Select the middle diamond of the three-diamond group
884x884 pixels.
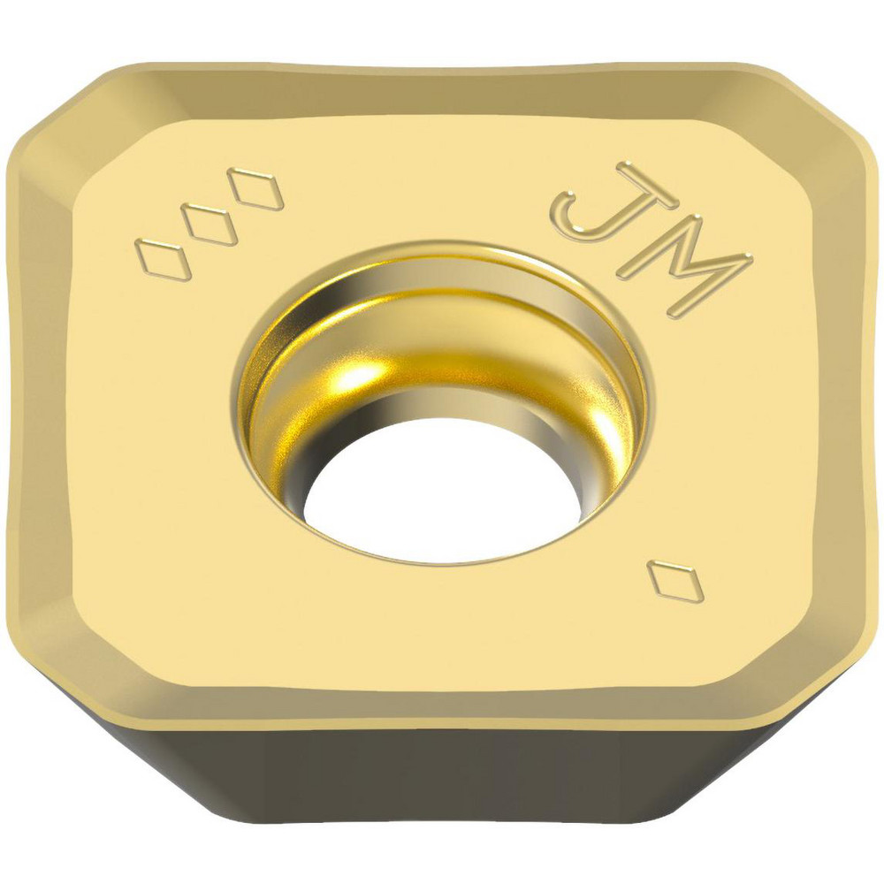pos(213,225)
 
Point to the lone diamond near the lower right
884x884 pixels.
pos(675,581)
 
